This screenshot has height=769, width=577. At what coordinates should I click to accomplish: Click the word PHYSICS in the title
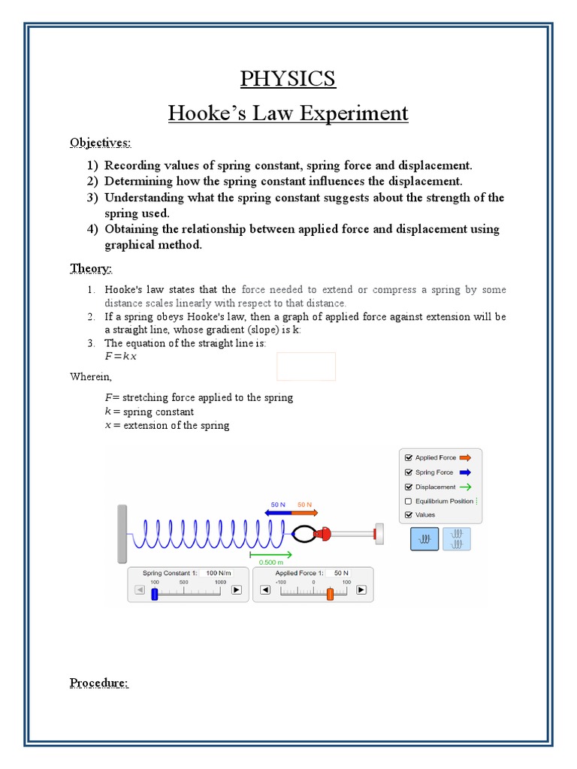[288, 79]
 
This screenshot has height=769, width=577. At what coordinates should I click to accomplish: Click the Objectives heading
[100, 142]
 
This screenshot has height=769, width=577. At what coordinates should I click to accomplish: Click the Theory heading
[91, 268]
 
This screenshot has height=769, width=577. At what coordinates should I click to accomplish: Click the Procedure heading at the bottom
[99, 683]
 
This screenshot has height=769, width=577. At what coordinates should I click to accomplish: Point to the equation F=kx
[121, 357]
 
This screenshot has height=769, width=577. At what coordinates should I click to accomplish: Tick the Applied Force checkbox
[409, 457]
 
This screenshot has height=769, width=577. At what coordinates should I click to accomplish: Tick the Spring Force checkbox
[409, 472]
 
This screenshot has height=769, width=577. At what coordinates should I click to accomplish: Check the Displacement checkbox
[409, 487]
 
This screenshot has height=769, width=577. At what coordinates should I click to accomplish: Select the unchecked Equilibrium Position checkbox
[409, 501]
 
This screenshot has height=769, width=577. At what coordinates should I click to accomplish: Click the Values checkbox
[409, 515]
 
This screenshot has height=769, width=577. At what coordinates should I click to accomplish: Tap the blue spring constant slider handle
[155, 593]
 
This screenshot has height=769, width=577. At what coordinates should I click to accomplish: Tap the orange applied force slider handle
[330, 593]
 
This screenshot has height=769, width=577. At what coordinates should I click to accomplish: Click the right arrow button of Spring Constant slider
[236, 590]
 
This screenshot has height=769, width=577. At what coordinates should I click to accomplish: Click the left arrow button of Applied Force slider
[264, 590]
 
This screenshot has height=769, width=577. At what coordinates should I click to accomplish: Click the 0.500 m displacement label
[270, 562]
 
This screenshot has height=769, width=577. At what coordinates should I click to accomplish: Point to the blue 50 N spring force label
[279, 505]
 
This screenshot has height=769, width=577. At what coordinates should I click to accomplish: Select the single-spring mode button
[424, 538]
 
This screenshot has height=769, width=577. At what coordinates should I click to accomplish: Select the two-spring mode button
[457, 538]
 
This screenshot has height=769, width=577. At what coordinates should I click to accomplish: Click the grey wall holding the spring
[122, 534]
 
